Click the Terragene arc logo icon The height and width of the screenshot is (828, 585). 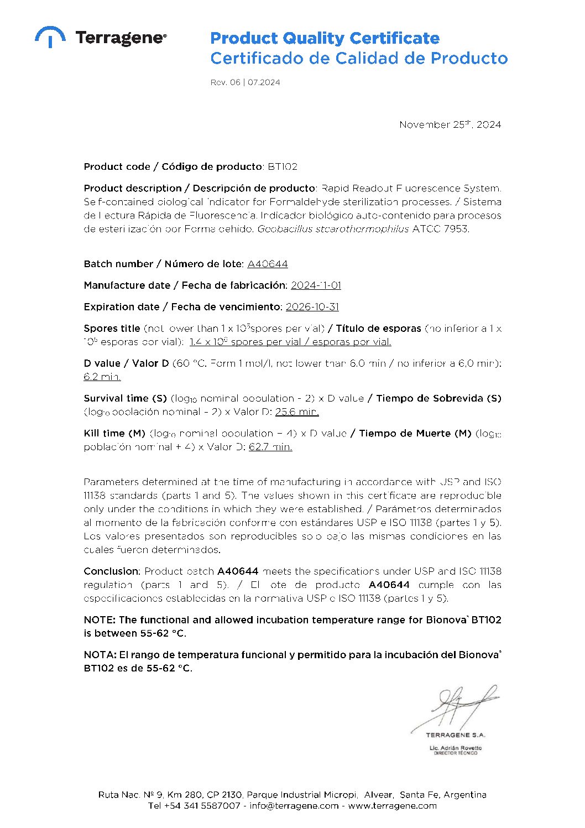coord(50,36)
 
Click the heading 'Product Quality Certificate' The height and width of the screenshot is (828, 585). coord(325,38)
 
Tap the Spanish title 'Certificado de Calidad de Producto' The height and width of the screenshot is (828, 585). coord(358,58)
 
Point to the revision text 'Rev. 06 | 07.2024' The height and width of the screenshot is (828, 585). coord(245,82)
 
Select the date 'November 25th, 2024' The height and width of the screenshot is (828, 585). coord(450,124)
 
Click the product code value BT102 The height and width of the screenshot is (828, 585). coord(283,166)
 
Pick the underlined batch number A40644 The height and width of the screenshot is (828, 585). coord(268,264)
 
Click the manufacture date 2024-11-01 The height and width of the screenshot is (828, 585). coord(316,285)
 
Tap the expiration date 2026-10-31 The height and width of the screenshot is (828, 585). coord(312,307)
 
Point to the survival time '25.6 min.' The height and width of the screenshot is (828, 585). coord(297,412)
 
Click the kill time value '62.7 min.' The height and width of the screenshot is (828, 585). coord(270,447)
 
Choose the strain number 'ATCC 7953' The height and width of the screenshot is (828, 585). coord(441,229)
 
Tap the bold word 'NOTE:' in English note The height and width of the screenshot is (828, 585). coord(100,620)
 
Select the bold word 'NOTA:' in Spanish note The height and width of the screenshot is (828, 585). coord(100,655)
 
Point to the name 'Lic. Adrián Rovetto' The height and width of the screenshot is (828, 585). coord(456,748)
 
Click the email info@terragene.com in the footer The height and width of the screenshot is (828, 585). coord(294,806)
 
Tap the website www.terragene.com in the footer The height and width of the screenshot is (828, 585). coord(392,806)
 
